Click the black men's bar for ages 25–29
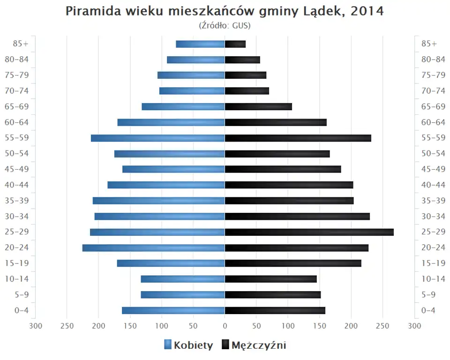click(x=309, y=232)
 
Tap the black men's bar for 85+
click(x=235, y=44)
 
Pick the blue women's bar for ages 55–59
click(x=157, y=138)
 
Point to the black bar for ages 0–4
click(x=275, y=310)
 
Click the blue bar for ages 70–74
click(x=192, y=91)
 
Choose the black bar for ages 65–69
click(x=258, y=106)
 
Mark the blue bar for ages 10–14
click(x=183, y=279)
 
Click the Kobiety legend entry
click(x=188, y=345)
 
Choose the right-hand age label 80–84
click(x=433, y=60)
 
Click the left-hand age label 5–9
click(x=22, y=294)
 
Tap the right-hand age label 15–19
click(x=433, y=263)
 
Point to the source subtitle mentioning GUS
click(x=225, y=25)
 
